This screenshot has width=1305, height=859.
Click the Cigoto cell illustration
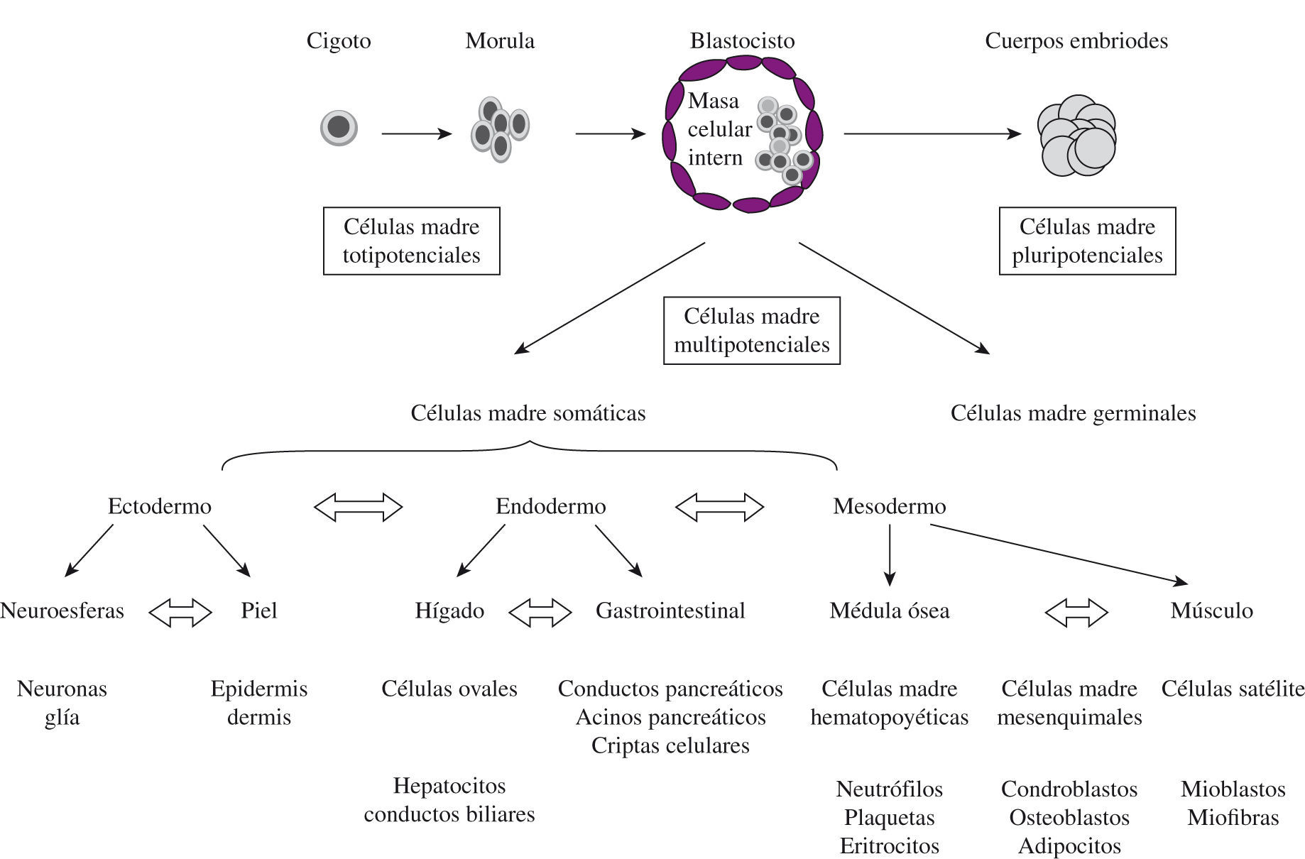[x=339, y=128]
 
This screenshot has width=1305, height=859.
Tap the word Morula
[x=500, y=40]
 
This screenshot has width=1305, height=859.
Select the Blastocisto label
[x=742, y=40]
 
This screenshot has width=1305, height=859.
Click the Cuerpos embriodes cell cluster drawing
[x=1076, y=136]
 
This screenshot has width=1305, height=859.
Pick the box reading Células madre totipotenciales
[x=412, y=241]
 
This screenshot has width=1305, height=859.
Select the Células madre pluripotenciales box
[x=1087, y=241]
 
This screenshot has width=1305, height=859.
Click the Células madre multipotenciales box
[x=751, y=330]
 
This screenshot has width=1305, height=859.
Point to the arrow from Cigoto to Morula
[x=416, y=133]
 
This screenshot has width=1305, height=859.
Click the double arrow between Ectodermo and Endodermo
[x=359, y=507]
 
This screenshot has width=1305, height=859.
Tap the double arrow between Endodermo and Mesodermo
[x=719, y=507]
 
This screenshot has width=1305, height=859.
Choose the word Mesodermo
[x=889, y=506]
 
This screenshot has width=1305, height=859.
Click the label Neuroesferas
[x=62, y=611]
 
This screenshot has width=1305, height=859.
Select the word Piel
[x=258, y=611]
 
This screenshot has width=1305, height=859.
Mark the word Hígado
[x=449, y=611]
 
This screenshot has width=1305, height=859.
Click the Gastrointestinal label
[x=670, y=611]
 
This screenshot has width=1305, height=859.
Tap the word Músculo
[x=1211, y=611]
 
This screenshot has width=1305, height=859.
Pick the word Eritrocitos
[x=889, y=846]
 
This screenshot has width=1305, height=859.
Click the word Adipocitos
[x=1069, y=846]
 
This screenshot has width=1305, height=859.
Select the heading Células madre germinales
[x=1073, y=413]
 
